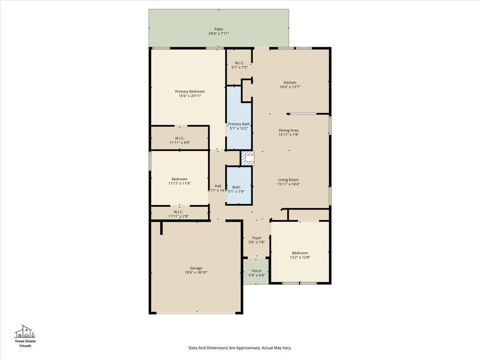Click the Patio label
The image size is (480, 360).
(218, 29)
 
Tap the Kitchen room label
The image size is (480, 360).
(290, 82)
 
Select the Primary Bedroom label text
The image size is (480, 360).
(190, 91)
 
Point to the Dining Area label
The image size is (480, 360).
(288, 130)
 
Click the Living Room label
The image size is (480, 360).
(288, 180)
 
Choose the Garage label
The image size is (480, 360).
(196, 268)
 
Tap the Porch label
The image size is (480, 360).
(257, 270)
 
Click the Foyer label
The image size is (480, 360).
(257, 238)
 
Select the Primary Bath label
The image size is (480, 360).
(239, 124)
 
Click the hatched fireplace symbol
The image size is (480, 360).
(247, 158)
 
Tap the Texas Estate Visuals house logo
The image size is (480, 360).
(25, 331)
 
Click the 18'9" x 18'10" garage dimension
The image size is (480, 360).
(196, 272)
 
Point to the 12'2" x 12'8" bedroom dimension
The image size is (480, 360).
(300, 257)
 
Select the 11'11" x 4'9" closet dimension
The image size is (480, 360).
(180, 142)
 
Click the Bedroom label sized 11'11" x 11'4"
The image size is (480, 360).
(180, 179)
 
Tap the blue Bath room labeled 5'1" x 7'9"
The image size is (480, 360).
(239, 185)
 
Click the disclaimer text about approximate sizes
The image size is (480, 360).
(240, 348)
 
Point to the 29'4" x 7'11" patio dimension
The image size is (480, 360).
(218, 33)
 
